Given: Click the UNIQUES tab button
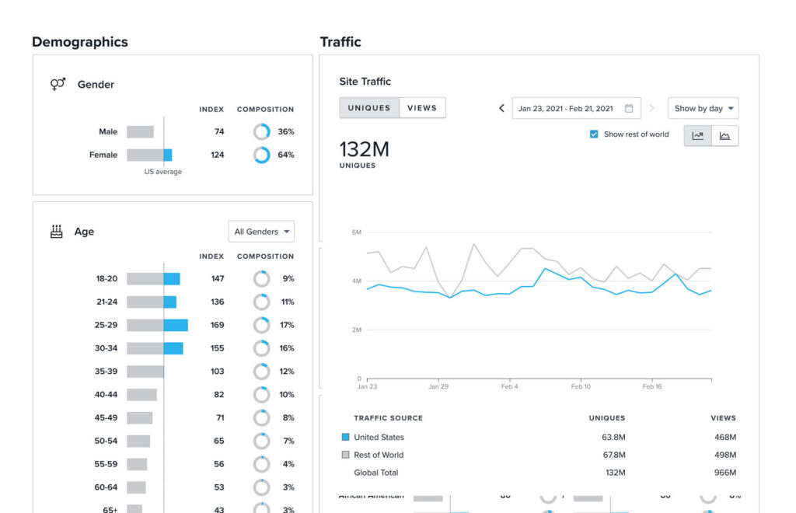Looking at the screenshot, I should point(369,108).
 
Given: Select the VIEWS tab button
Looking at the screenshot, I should point(422,108).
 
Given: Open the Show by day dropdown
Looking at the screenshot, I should point(703,109).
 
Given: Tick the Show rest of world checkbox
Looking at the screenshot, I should point(595,134).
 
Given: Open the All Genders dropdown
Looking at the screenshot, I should point(261,232).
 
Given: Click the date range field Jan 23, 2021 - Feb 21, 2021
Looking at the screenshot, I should point(574,109).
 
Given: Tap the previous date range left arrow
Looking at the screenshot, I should point(501,109).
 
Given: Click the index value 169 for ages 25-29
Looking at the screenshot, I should point(218,325).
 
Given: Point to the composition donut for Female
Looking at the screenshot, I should point(262,155).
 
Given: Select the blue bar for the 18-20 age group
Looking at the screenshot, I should point(172,279).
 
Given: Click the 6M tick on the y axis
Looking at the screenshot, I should point(357,232).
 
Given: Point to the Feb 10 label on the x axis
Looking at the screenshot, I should point(581,386).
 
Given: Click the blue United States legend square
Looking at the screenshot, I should point(346,438).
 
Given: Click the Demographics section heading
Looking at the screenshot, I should point(80,42).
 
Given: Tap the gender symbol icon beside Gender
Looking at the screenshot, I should point(58,85).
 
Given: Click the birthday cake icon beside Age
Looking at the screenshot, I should point(57,232).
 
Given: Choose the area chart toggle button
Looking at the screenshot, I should point(724,136).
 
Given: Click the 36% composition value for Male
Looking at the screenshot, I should point(286,132).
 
